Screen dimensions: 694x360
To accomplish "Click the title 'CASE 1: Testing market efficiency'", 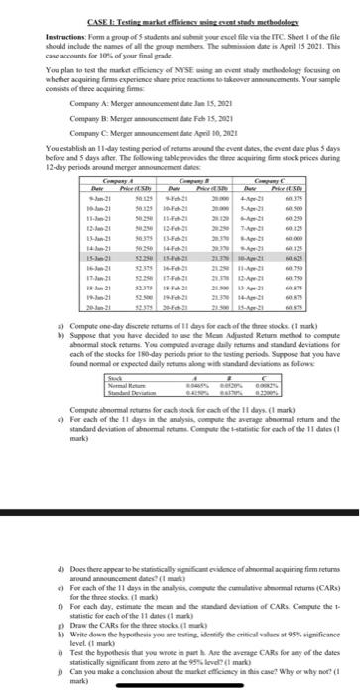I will click(x=179, y=9).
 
